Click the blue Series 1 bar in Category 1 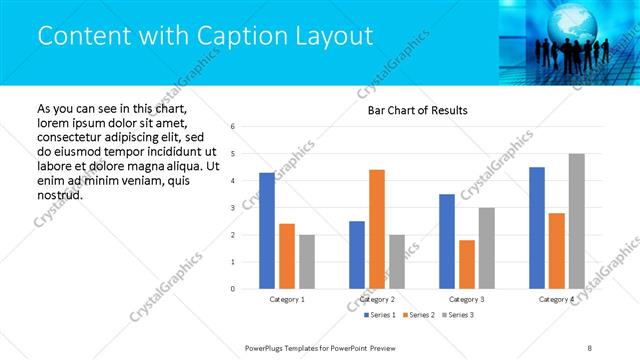coord(267,231)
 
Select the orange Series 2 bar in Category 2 coord(376,229)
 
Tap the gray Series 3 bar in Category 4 coord(576,221)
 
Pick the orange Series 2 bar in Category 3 coord(466,264)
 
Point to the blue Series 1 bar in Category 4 coord(537,228)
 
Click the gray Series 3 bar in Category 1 coord(306,262)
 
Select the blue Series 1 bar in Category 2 coord(357,255)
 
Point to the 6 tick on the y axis coord(232,127)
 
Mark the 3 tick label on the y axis coord(232,208)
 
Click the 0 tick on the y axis coord(232,289)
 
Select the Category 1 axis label coord(287,299)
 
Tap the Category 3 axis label coord(467,299)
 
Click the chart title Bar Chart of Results coord(411,109)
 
